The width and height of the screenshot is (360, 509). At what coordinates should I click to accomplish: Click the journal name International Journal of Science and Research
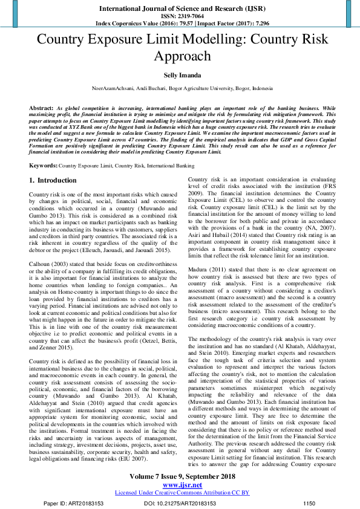[x=180, y=8]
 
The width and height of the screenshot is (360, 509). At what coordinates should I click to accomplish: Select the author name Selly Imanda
[x=180, y=76]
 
